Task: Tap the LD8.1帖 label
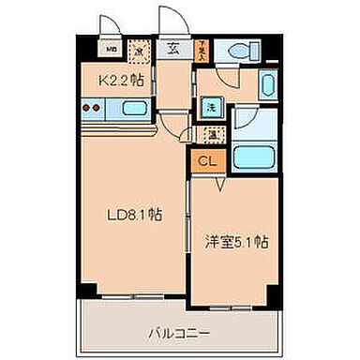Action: (134, 214)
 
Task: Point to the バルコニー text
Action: (177, 331)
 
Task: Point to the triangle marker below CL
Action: (219, 186)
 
